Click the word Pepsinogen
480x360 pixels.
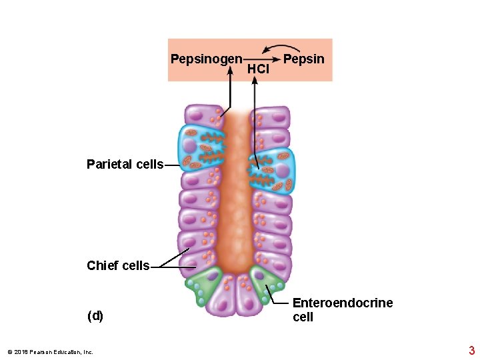206,59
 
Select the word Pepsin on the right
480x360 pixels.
304,59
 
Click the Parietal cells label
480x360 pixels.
125,164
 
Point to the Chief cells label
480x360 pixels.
118,265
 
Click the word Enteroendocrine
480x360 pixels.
343,303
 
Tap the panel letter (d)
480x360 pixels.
95,316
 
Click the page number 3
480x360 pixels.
471,351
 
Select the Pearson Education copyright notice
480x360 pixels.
50,352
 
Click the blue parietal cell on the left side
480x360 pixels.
200,148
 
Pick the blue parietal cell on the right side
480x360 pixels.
273,171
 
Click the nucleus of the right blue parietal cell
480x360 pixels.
282,171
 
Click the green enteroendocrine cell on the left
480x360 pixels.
204,285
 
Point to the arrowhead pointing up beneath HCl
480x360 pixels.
255,83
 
